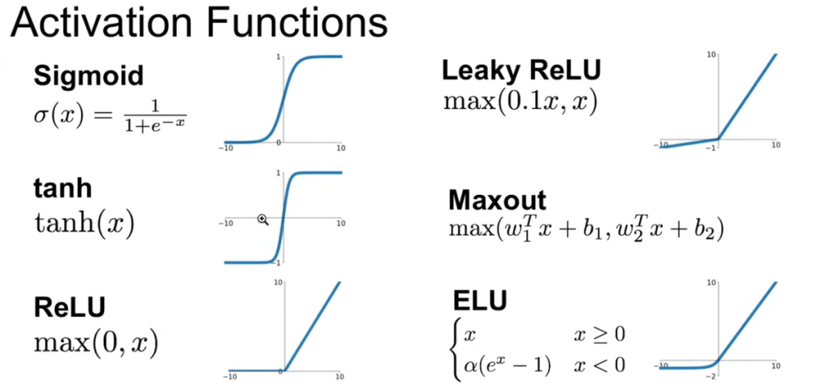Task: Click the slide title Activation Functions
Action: click(x=198, y=24)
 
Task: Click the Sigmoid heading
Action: click(x=88, y=76)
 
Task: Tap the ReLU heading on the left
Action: click(x=70, y=308)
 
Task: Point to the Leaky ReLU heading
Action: click(x=521, y=71)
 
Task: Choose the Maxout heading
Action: click(x=496, y=199)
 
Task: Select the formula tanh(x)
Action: click(x=83, y=221)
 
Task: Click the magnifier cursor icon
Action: click(x=263, y=219)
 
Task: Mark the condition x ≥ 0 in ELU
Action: click(x=600, y=335)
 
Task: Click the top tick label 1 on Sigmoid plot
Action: click(x=279, y=56)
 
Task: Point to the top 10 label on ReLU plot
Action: click(x=277, y=283)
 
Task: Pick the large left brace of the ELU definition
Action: click(x=456, y=349)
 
